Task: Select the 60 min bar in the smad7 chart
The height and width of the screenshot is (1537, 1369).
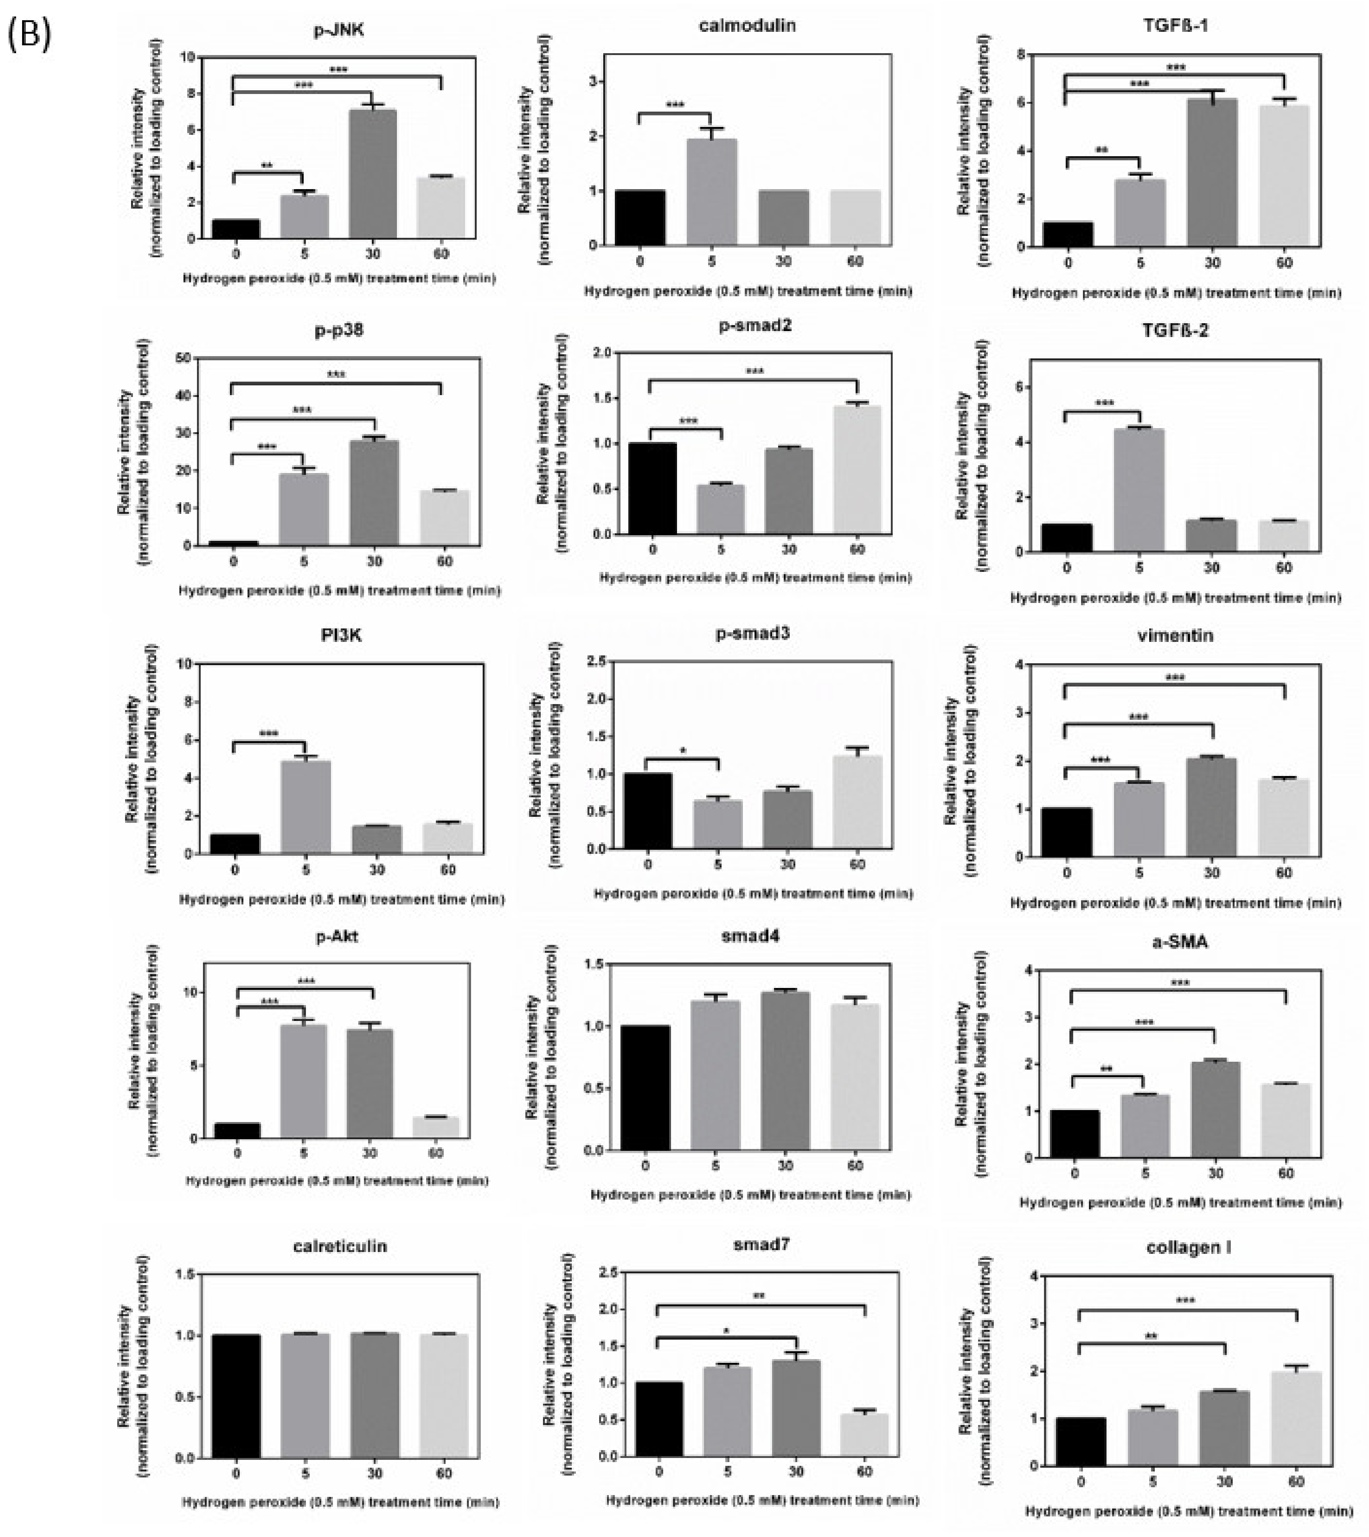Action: [864, 1435]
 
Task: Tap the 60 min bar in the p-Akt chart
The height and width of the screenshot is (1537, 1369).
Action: [435, 1127]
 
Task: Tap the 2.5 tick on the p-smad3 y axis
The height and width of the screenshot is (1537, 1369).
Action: [597, 661]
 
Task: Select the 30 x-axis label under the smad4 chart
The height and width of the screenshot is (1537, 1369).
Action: [785, 1165]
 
